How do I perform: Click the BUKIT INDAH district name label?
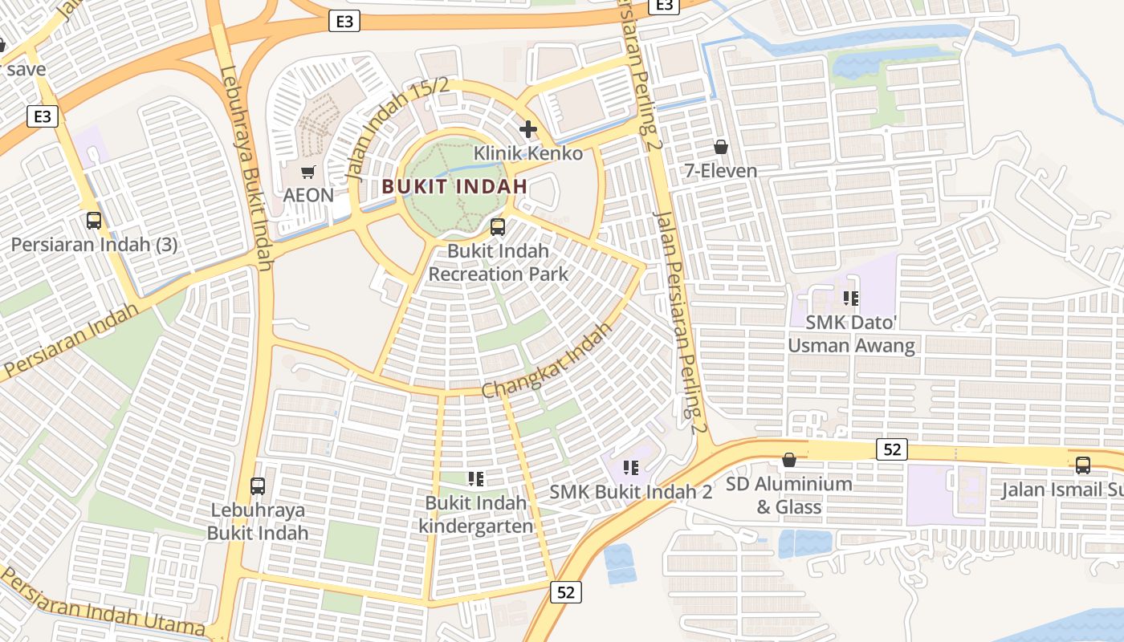tap(454, 186)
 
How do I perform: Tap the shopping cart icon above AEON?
tap(308, 172)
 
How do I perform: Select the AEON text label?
tap(308, 195)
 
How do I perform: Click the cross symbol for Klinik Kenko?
tap(528, 129)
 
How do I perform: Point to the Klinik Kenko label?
tap(528, 152)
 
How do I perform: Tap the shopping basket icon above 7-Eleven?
tap(721, 148)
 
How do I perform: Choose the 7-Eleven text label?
tap(721, 171)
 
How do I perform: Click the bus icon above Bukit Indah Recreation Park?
tap(498, 227)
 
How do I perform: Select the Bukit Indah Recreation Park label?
tap(498, 262)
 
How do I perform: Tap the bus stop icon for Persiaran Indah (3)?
tap(94, 221)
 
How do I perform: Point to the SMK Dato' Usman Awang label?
tap(851, 334)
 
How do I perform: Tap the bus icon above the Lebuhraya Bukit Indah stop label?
tap(258, 486)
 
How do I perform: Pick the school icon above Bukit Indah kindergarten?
tap(476, 480)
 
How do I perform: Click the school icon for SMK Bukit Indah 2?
tap(631, 468)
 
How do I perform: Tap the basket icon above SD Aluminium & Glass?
tap(789, 461)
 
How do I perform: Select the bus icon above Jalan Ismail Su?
tap(1083, 465)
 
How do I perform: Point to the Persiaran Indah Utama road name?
tap(103, 602)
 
